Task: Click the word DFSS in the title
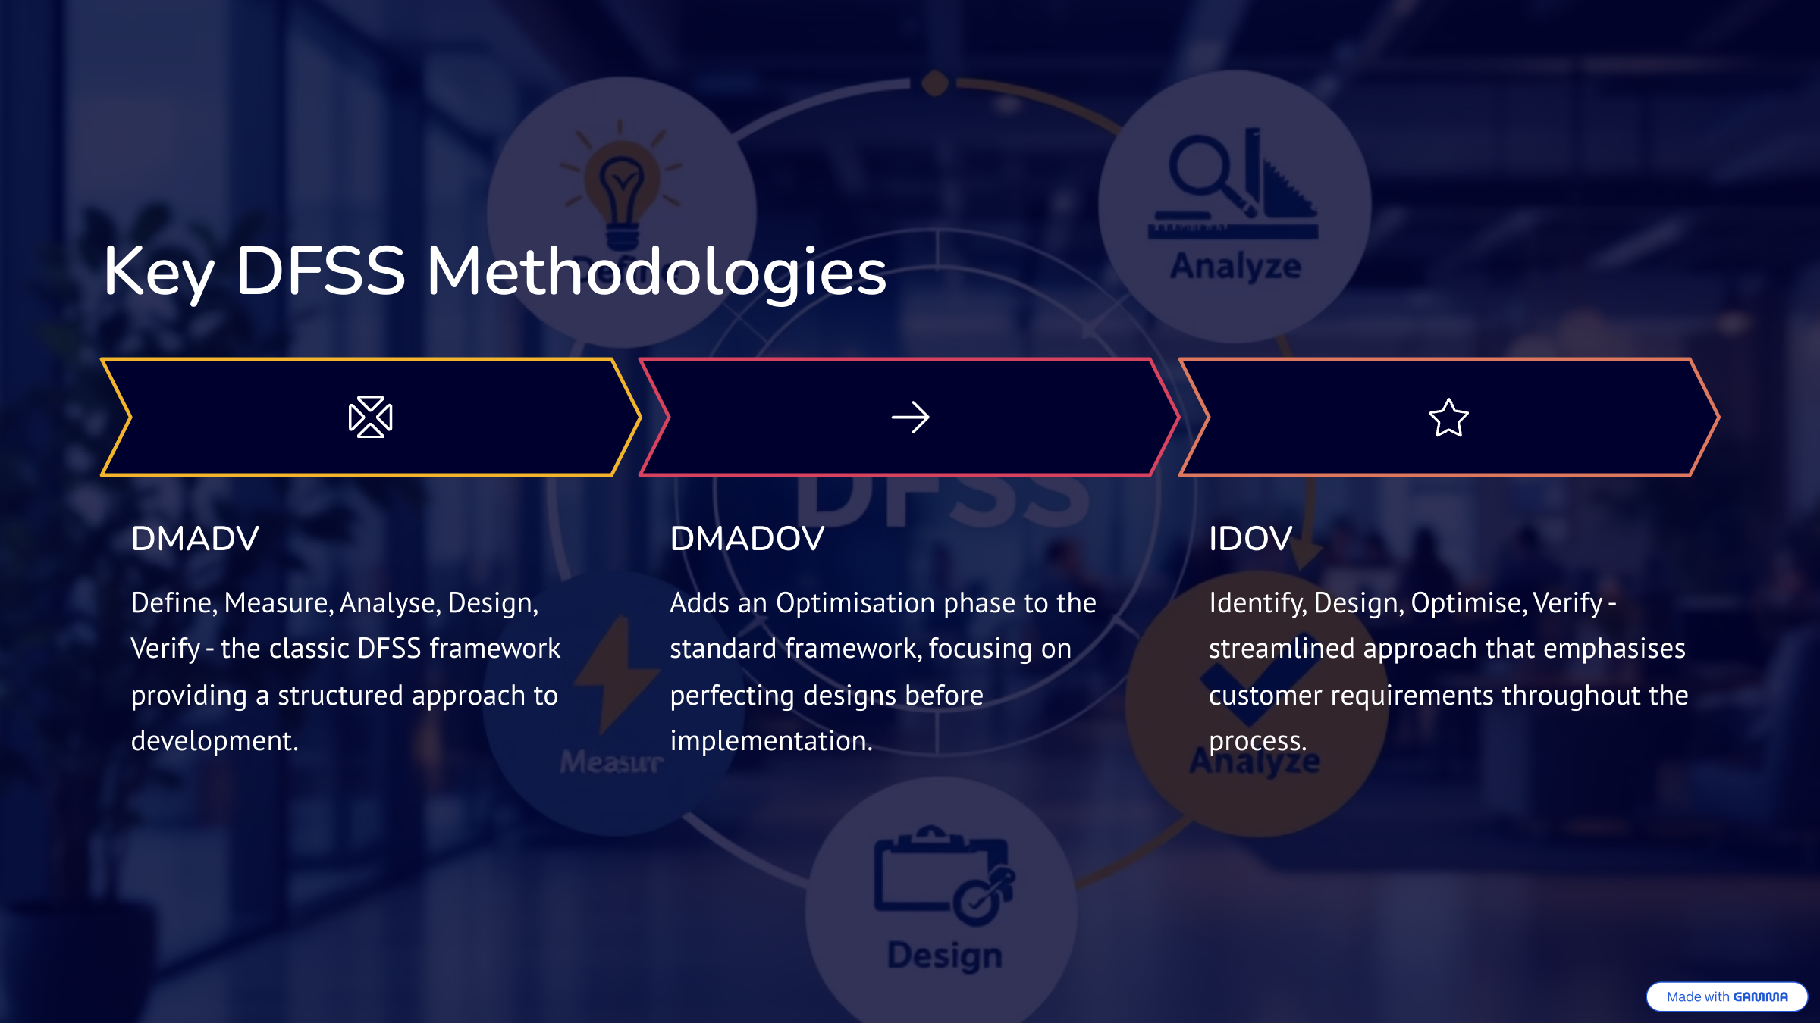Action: point(321,271)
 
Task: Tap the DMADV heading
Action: point(195,539)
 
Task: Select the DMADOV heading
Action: point(747,539)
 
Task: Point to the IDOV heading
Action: point(1250,539)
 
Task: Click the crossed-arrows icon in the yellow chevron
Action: point(370,417)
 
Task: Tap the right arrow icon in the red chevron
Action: point(910,418)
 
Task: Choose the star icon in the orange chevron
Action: point(1448,418)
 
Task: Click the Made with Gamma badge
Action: point(1727,996)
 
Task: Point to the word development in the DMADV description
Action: point(215,741)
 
